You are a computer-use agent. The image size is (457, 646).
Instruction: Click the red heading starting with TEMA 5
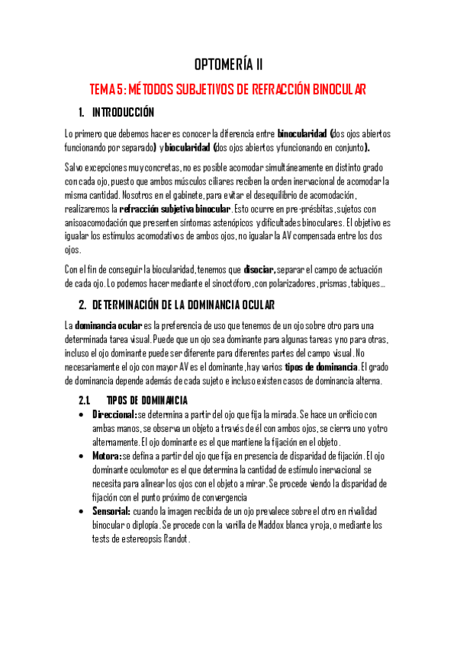pos(228,88)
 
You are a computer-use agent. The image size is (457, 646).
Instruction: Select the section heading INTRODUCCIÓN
pos(123,113)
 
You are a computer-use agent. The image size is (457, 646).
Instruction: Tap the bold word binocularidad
pos(302,133)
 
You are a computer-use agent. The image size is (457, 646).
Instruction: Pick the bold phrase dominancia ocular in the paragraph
pos(109,326)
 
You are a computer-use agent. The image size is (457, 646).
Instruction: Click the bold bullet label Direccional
pos(113,414)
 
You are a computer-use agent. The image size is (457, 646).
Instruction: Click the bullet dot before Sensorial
pos(82,511)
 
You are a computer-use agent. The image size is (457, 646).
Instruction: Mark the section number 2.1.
pos(85,401)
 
